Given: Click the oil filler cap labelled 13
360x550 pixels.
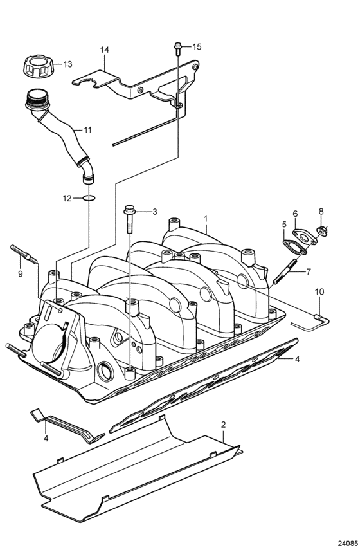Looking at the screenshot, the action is [38, 66].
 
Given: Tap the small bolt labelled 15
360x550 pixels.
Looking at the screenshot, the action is [177, 48].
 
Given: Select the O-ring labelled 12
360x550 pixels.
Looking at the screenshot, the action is [89, 199].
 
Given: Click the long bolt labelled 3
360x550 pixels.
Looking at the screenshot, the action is [129, 219].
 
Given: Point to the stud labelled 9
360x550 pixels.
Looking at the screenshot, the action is [24, 255].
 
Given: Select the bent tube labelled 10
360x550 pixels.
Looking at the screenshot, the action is [311, 322].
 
